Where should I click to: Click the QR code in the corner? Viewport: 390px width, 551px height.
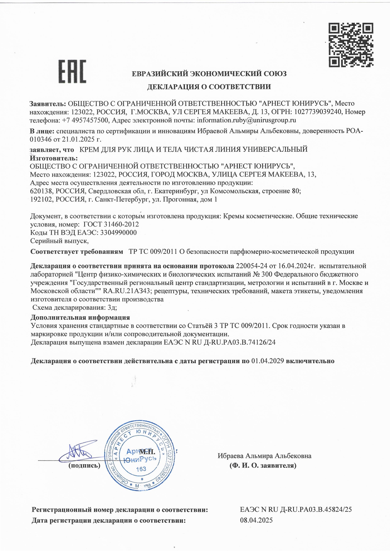pyautogui.click(x=351, y=45)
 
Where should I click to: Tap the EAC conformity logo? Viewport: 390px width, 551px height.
pyautogui.click(x=72, y=72)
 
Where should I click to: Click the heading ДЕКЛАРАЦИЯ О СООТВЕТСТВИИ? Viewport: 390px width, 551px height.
pyautogui.click(x=209, y=87)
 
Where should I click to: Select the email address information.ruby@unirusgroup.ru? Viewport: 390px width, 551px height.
pyautogui.click(x=246, y=120)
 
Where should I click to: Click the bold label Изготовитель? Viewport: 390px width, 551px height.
pyautogui.click(x=53, y=158)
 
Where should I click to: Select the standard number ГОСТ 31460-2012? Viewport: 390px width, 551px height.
pyautogui.click(x=111, y=224)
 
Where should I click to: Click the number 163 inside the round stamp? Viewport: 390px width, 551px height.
pyautogui.click(x=141, y=469)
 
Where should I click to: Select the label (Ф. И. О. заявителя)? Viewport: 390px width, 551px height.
pyautogui.click(x=263, y=466)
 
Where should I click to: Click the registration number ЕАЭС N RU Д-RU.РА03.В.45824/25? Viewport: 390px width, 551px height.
pyautogui.click(x=296, y=510)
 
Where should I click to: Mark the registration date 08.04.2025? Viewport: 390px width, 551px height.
pyautogui.click(x=256, y=520)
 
